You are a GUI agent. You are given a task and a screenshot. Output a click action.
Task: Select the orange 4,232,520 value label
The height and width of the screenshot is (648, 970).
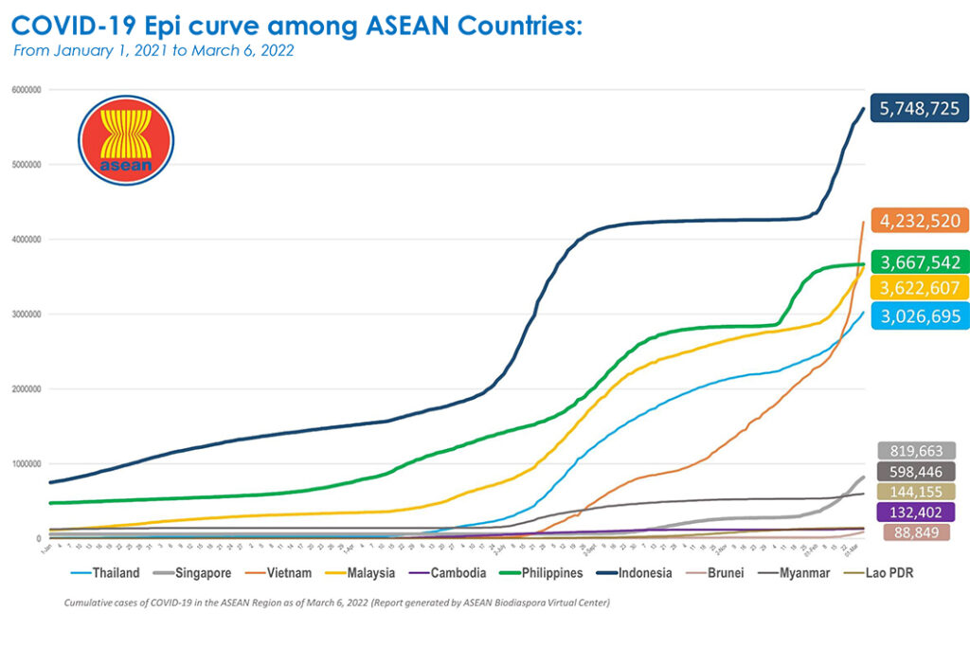coord(921,221)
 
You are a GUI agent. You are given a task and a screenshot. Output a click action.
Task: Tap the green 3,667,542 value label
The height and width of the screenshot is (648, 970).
coord(921,262)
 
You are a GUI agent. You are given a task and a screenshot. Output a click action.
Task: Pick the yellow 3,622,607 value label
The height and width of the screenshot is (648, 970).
coord(921,288)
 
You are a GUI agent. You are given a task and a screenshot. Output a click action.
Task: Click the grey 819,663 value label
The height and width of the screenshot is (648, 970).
coord(916,451)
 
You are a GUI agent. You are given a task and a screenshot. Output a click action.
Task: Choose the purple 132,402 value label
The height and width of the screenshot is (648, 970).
coord(916,512)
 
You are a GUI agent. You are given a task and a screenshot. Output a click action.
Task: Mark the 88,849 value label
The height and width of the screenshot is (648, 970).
coord(916,532)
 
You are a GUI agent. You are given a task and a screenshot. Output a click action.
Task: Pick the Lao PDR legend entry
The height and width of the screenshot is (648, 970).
coord(891,572)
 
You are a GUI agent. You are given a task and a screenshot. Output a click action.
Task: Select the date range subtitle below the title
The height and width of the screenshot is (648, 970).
coord(153,50)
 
